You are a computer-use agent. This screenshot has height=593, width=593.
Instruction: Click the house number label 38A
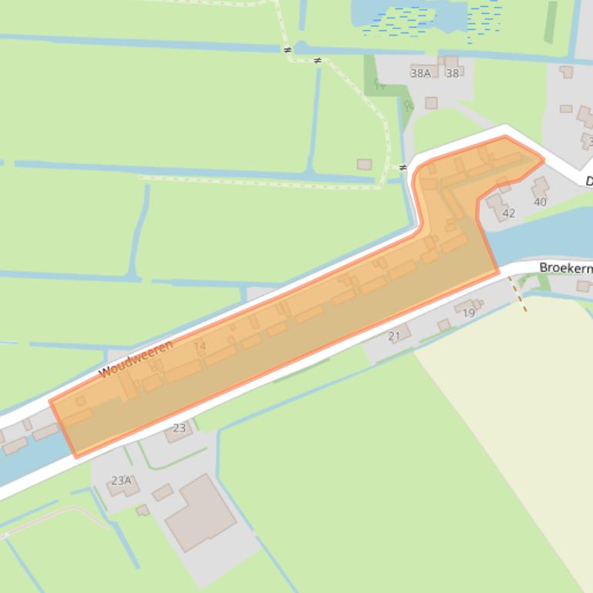coord(420,74)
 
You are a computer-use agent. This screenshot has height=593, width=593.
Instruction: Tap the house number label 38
coord(453,74)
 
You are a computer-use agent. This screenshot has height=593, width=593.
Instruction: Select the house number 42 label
coord(508,213)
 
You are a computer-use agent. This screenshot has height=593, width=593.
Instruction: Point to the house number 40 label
coord(540,203)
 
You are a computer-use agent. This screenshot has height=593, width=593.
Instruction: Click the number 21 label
coord(394,336)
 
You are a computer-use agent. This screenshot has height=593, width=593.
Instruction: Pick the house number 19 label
coord(469,313)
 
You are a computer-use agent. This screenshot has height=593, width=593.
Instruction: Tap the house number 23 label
coord(180,428)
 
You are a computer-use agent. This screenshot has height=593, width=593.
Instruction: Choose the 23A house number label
coord(121,481)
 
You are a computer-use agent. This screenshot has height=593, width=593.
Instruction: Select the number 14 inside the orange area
coord(200,346)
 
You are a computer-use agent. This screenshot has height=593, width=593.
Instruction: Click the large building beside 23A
coord(200,512)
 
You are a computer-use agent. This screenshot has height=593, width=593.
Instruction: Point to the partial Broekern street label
coord(565,268)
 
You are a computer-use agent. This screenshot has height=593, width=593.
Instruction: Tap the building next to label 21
coord(403,330)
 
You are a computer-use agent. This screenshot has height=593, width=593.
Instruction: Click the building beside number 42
coord(496,203)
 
